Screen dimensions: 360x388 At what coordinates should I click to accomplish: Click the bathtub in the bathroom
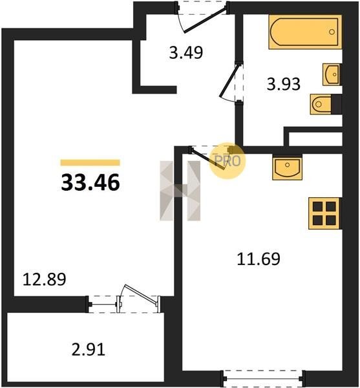(x=305, y=32)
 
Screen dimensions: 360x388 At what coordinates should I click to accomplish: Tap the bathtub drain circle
(x=332, y=32)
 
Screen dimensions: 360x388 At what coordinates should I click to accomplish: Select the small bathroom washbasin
(x=332, y=74)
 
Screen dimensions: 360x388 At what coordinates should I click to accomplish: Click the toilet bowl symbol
(x=321, y=104)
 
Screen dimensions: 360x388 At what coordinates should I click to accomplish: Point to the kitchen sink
(x=288, y=167)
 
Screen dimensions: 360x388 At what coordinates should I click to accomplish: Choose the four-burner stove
(x=324, y=213)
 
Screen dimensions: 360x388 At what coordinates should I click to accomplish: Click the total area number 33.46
(x=90, y=182)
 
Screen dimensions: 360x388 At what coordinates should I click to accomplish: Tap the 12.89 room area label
(x=44, y=279)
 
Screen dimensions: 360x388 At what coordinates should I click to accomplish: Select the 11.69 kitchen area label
(x=259, y=259)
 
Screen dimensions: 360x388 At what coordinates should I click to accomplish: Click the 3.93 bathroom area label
(x=284, y=84)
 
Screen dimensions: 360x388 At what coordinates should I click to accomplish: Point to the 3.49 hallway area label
(x=186, y=52)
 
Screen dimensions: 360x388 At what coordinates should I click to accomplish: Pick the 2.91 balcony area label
(x=89, y=350)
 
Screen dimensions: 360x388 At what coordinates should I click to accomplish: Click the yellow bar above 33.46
(x=90, y=162)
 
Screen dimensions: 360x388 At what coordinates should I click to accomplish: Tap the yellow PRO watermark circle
(x=228, y=161)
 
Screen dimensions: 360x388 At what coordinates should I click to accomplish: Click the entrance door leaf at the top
(x=206, y=19)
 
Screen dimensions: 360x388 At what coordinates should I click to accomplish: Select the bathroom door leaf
(x=229, y=81)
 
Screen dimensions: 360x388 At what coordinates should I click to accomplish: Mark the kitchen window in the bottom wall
(x=263, y=378)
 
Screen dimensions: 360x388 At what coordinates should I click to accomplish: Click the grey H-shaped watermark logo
(x=180, y=191)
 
